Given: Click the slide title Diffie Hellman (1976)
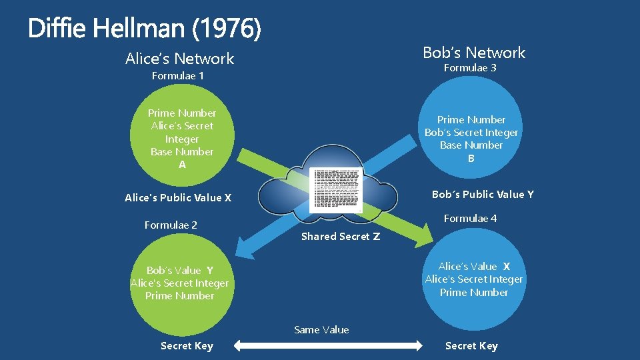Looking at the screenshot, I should pos(145,28).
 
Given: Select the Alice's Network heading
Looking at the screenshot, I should pos(180,59).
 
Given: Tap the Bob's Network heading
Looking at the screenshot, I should pos(474,53).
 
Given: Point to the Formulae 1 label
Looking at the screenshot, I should pos(178,76).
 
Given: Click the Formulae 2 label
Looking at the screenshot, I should pos(171,225).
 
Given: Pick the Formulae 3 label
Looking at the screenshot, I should pos(470,68).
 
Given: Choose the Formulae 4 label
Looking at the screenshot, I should pos(470,219).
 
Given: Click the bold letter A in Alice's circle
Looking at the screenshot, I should pos(182,165).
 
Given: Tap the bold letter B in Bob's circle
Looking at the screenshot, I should pos(471,159).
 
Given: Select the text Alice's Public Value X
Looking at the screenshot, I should pos(178,198).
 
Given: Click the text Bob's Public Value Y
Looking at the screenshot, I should pos(483,195).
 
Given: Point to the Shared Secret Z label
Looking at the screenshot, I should pos(341,237).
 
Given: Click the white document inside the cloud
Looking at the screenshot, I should pos(337,190).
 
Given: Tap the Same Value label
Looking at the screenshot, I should pos(321,330).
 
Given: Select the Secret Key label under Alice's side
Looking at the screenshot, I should pos(187,346).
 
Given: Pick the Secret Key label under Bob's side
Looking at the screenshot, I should pos(471,346).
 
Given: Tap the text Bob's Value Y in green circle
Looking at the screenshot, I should pos(180,271).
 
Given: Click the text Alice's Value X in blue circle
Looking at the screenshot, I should pos(474,267).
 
